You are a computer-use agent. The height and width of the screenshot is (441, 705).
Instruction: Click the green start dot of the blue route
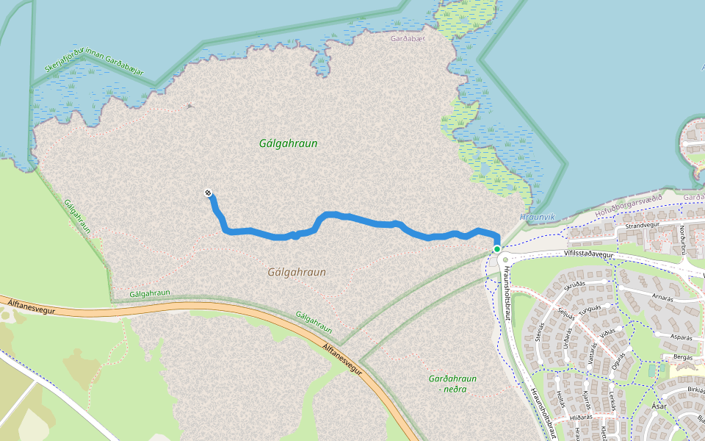[497, 249]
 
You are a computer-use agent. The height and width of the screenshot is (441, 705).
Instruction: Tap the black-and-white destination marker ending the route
[209, 193]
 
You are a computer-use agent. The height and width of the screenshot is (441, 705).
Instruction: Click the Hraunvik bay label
[538, 218]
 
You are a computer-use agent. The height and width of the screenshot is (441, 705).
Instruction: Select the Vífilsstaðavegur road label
[588, 253]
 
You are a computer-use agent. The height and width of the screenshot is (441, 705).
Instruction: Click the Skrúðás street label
[574, 284]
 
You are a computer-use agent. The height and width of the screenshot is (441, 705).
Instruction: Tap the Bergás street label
[682, 356]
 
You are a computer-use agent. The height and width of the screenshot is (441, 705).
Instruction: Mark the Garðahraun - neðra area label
[452, 384]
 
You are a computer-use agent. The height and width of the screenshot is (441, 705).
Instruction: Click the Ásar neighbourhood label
[659, 406]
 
